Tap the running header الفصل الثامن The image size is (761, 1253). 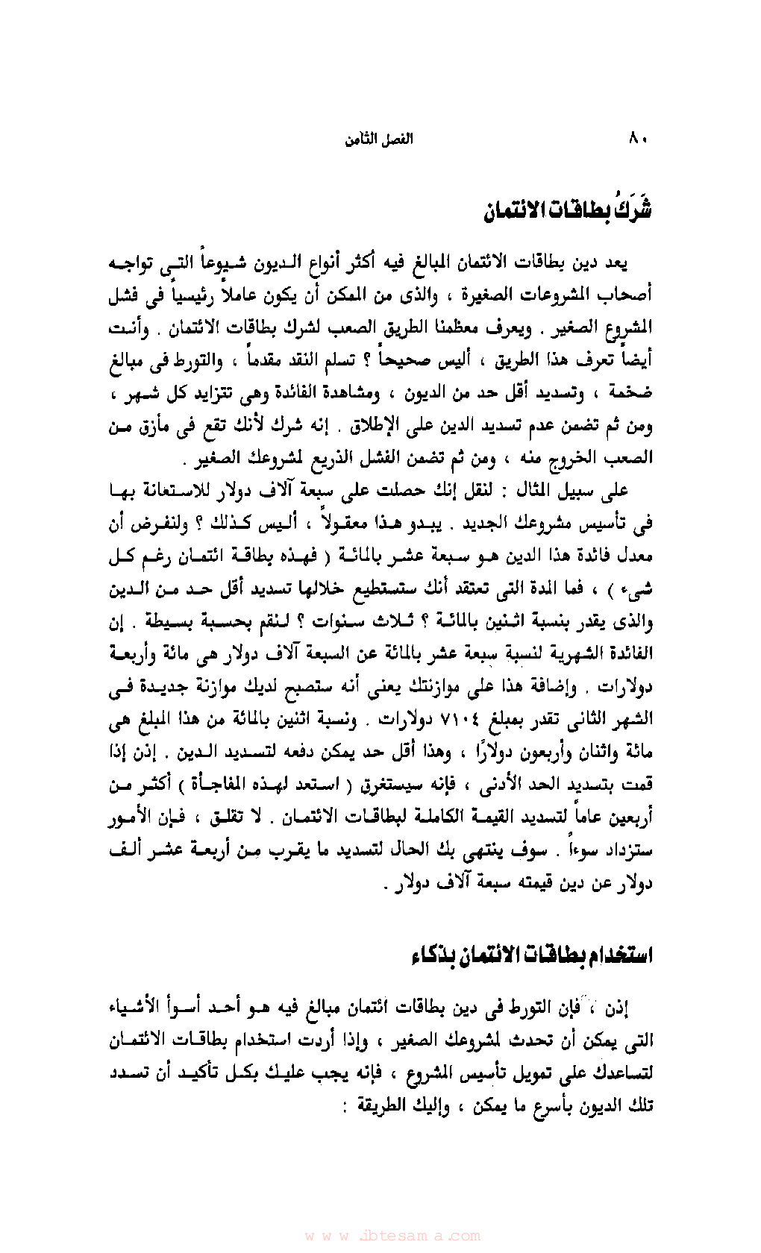(378, 139)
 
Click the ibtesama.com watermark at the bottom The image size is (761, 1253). (392, 1235)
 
